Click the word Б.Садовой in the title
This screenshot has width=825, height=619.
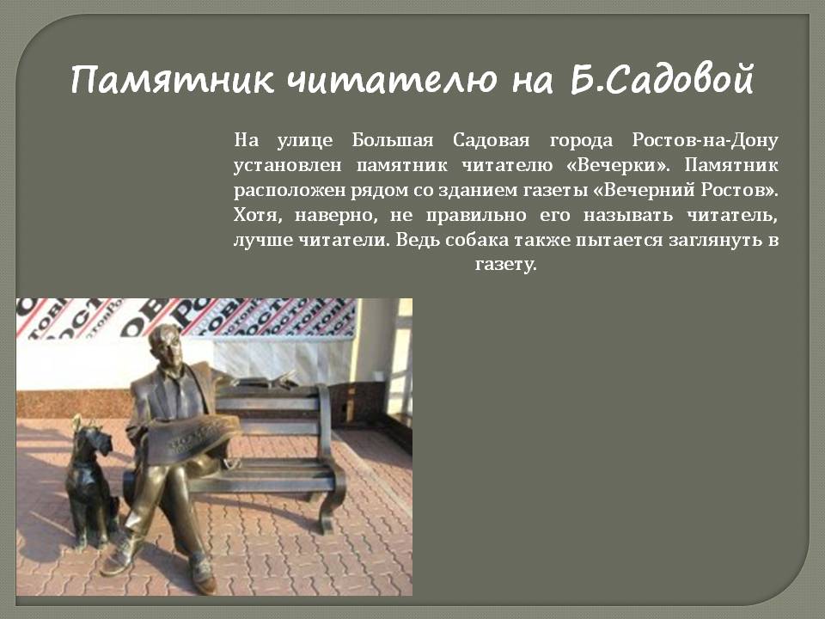(x=663, y=79)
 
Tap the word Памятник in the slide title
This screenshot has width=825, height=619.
(x=172, y=81)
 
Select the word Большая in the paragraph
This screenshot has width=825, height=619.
(x=393, y=140)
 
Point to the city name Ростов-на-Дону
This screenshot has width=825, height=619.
(x=705, y=140)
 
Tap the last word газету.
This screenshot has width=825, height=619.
(x=505, y=264)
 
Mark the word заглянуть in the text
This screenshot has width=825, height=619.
(x=713, y=241)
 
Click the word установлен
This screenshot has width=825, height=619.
(x=287, y=166)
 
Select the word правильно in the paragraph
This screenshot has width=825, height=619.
(x=475, y=215)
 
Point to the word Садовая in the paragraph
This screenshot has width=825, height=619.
(x=491, y=140)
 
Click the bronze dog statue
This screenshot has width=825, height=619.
(x=90, y=483)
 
